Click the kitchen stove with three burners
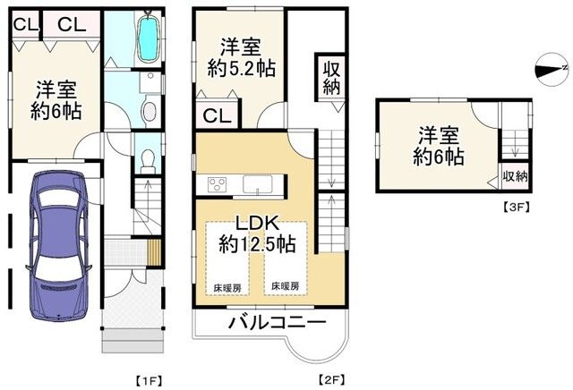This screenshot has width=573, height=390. pyautogui.click(x=218, y=185)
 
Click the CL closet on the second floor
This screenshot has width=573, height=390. pyautogui.click(x=214, y=114)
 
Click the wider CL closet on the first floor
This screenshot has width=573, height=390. pyautogui.click(x=72, y=24)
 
